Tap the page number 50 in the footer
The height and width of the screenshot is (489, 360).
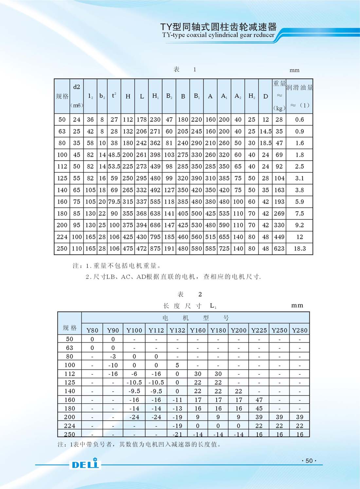[x=309, y=461]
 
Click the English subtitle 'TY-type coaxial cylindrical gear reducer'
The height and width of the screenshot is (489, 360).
[x=218, y=35]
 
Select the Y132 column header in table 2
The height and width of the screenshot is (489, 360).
[x=177, y=330]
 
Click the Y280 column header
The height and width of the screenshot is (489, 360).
[x=299, y=330]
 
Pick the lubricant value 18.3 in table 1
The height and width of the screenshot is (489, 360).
[x=299, y=249]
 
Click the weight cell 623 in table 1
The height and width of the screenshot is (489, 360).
[x=279, y=249]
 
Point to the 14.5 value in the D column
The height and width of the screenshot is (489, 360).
[x=265, y=131]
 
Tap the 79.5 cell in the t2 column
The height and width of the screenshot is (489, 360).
[x=114, y=202]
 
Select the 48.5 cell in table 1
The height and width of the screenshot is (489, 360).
[x=114, y=155]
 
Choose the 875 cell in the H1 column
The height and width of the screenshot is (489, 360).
[x=155, y=249]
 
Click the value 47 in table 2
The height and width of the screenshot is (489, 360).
[x=259, y=400]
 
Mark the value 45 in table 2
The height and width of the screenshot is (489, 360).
[x=259, y=408]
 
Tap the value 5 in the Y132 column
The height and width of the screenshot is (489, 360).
[x=177, y=365]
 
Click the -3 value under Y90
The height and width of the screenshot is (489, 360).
[x=113, y=356]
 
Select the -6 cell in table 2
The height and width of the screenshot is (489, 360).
[x=134, y=374]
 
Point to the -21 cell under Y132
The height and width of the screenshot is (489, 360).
[x=177, y=434]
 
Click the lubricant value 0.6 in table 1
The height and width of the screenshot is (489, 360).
[x=299, y=120]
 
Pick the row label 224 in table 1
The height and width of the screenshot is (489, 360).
[x=62, y=237]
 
